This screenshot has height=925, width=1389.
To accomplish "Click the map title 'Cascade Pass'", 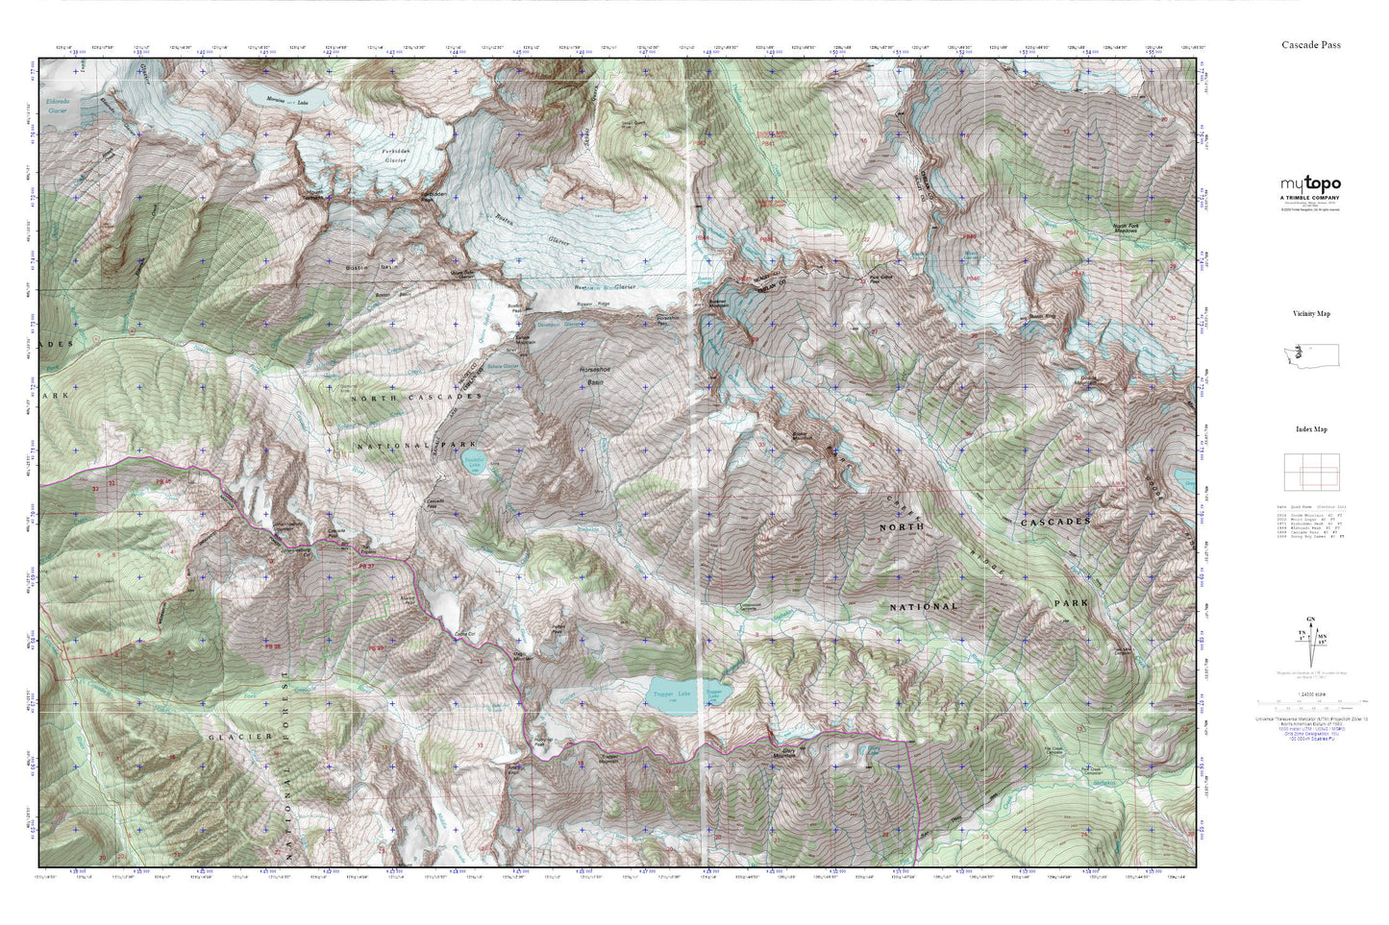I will point(1310,45).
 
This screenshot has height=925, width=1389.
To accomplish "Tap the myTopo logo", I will point(1309,184).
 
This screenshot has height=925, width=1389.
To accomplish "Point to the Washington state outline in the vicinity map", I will point(1310,354).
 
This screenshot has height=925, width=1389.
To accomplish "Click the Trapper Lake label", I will point(672,694).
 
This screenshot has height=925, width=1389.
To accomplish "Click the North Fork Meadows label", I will point(1132,230).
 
